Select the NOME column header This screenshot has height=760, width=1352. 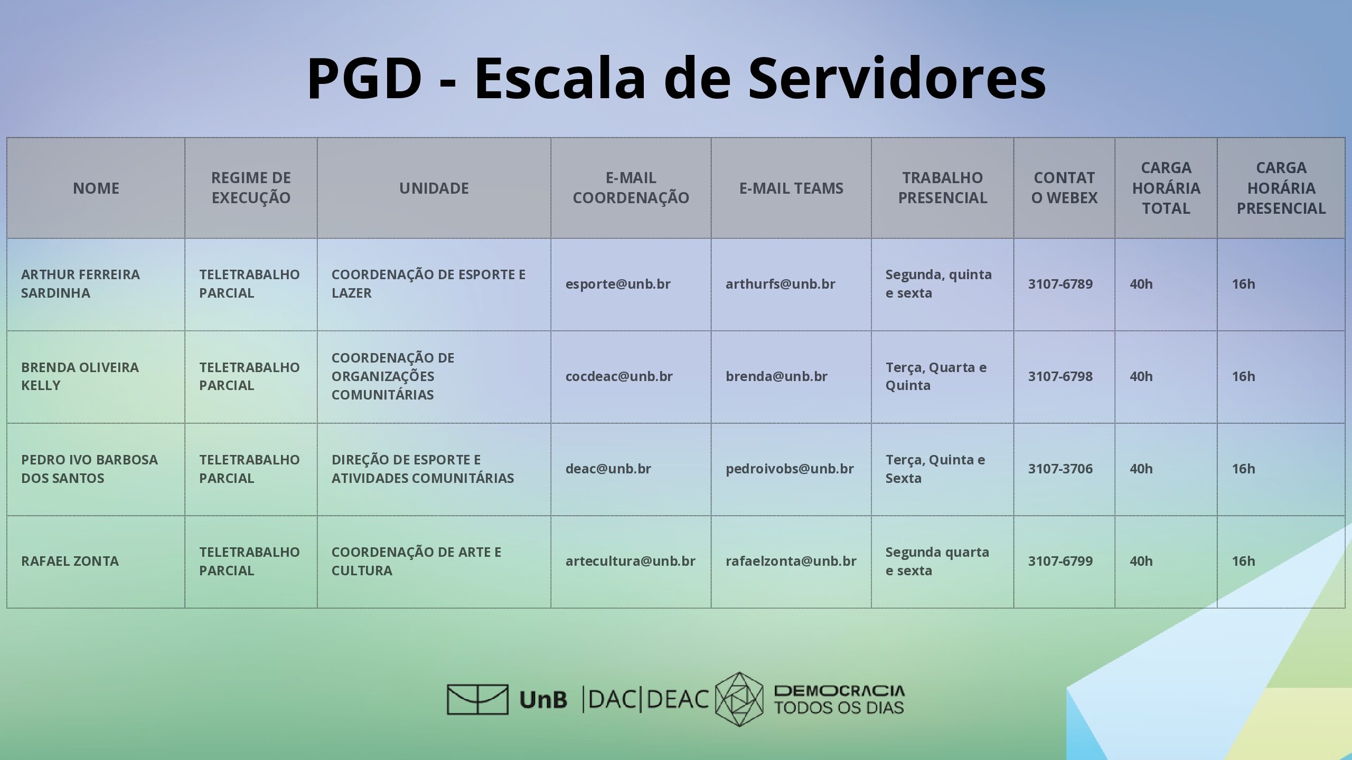tap(96, 188)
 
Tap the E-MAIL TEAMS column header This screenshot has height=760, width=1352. tap(791, 188)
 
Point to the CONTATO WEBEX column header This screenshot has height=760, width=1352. tap(1064, 188)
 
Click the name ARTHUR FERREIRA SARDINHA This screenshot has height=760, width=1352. tap(80, 283)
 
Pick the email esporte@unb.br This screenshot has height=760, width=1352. tap(618, 284)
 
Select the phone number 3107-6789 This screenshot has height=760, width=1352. tap(1060, 284)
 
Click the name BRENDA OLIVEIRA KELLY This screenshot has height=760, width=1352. tap(80, 376)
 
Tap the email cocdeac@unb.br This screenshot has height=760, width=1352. tap(619, 376)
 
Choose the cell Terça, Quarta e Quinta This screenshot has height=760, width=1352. tap(936, 376)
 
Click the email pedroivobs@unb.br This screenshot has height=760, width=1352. tap(790, 469)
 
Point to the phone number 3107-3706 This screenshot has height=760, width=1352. tap(1060, 469)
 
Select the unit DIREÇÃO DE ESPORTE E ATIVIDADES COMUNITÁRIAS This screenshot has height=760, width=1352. tap(422, 469)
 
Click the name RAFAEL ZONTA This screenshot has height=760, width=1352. tap(70, 561)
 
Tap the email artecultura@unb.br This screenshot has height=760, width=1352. tap(631, 561)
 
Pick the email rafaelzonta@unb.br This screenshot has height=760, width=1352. tap(791, 561)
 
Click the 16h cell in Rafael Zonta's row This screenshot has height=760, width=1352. tap(1243, 561)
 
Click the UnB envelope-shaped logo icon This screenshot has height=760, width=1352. tap(477, 699)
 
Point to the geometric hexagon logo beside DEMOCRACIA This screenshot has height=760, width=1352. tap(739, 699)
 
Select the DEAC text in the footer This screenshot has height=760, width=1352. tap(678, 699)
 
